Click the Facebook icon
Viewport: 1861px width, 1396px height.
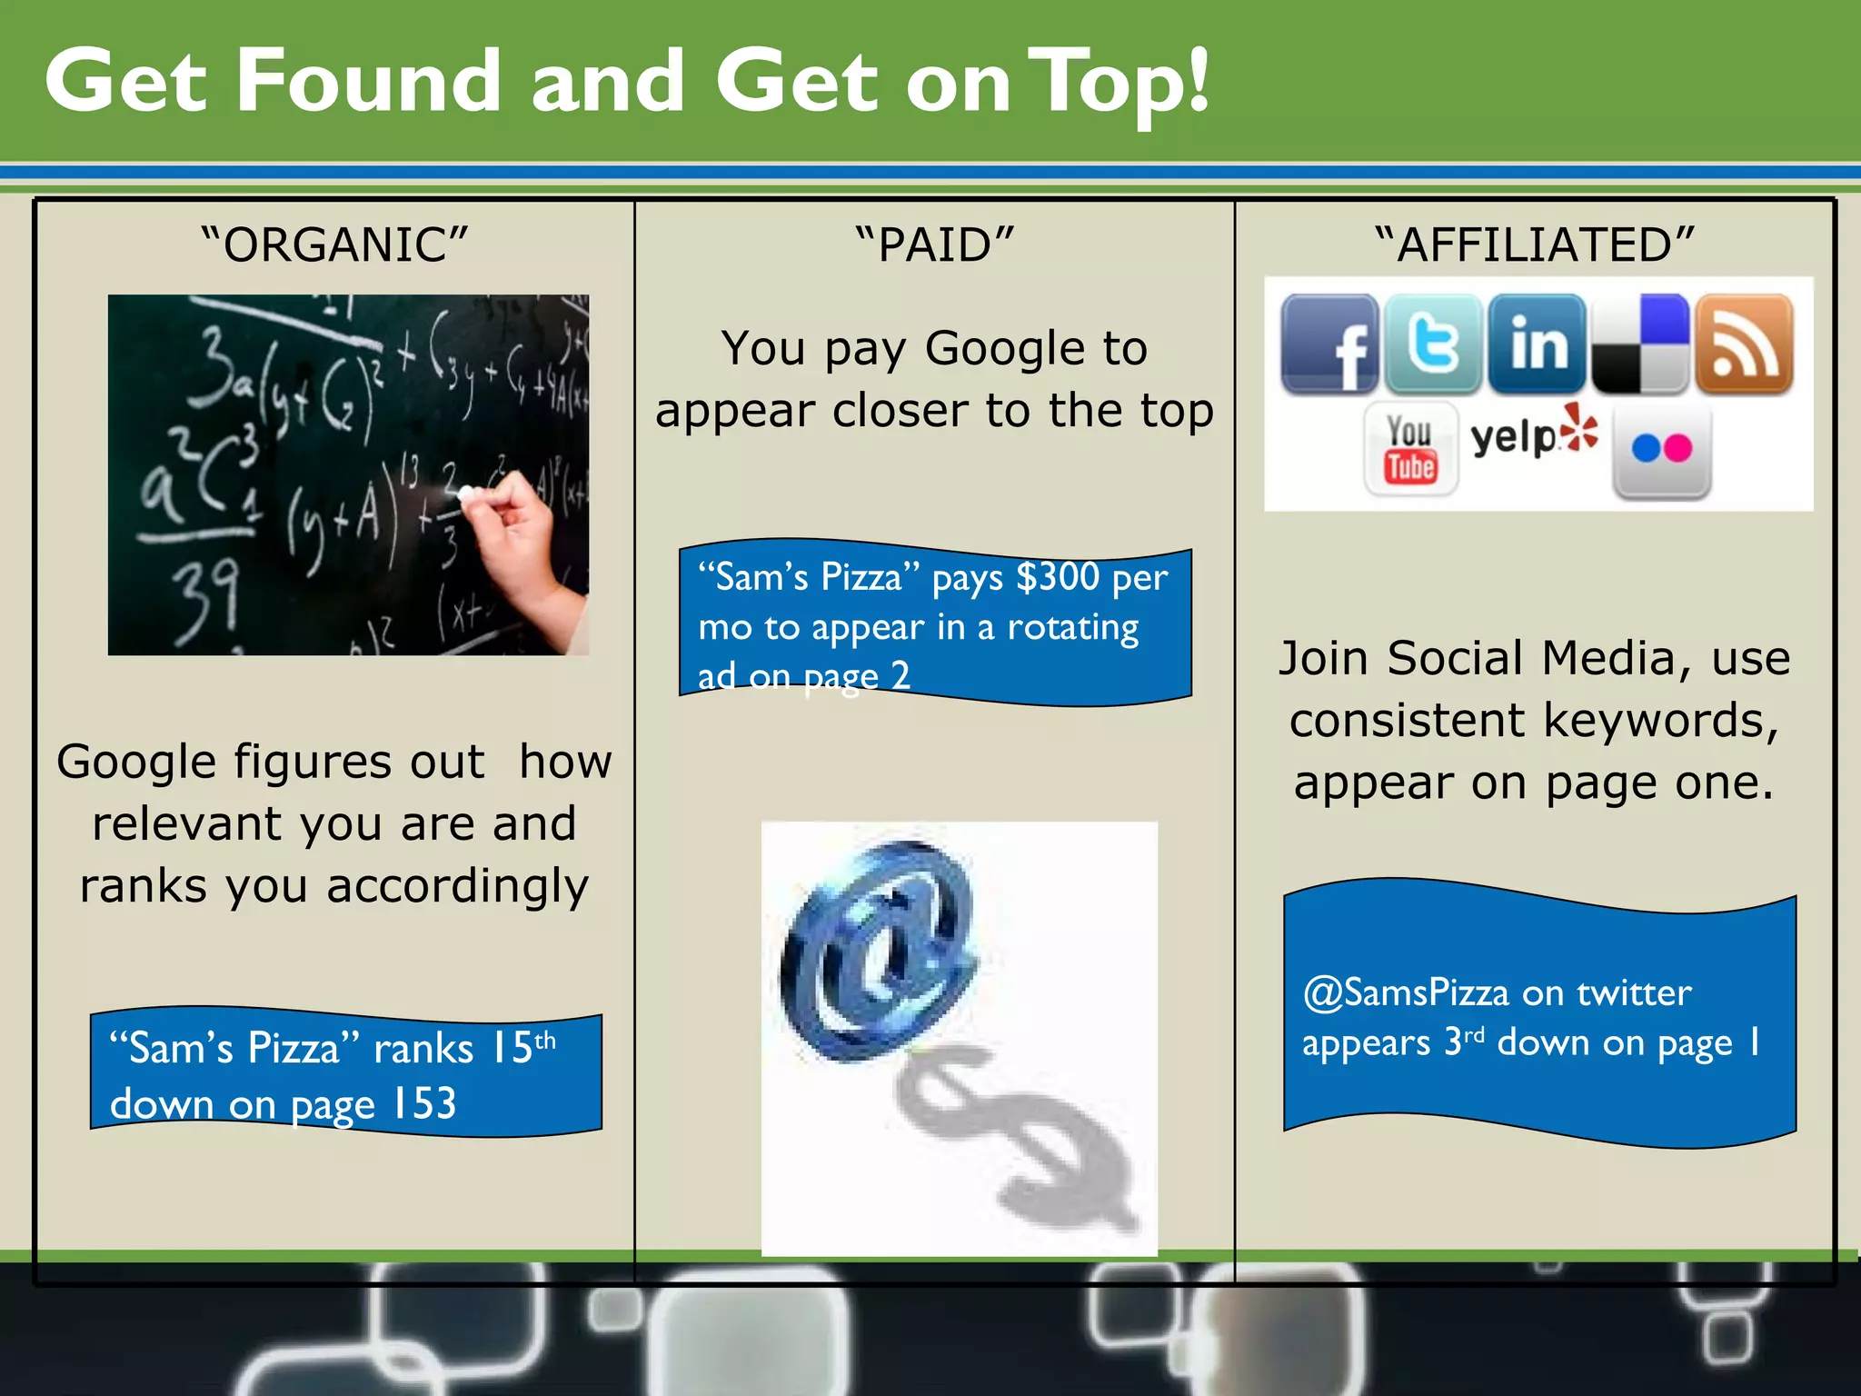point(1329,344)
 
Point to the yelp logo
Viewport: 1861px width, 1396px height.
point(1533,434)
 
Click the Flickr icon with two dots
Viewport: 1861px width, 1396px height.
point(1662,449)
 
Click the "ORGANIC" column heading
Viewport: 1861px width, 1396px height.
point(334,245)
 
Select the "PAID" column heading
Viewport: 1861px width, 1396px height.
point(934,245)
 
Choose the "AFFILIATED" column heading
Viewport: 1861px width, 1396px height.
point(1534,245)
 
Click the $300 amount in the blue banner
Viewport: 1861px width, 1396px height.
point(1058,577)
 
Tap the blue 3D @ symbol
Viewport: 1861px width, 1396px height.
point(877,950)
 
